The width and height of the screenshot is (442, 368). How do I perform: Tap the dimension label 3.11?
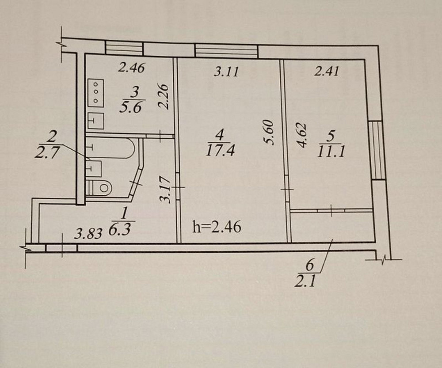click(x=226, y=72)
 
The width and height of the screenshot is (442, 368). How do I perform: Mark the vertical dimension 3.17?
click(x=165, y=190)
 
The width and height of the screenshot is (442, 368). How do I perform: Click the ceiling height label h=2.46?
click(x=217, y=228)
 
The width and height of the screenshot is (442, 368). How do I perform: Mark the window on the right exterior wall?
click(x=377, y=150)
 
